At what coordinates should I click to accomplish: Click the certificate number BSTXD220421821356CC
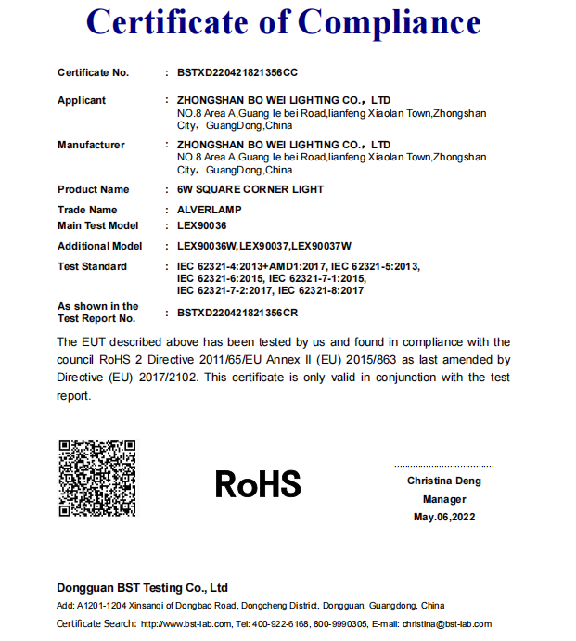tap(237, 72)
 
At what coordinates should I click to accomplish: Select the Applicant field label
tap(82, 100)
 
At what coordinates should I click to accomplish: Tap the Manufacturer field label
tap(91, 145)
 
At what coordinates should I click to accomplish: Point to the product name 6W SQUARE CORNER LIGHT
tap(250, 189)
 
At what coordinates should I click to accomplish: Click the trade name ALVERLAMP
tap(209, 210)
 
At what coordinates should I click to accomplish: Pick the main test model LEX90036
tap(202, 225)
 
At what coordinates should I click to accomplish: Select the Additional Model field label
tap(100, 246)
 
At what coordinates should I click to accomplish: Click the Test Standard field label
tap(92, 266)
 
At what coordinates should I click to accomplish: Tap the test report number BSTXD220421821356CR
tap(237, 313)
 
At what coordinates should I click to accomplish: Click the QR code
tap(97, 478)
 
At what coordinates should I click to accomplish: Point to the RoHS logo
tap(258, 483)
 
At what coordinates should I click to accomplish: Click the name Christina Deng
tap(444, 481)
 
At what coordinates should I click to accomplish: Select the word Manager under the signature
tap(444, 499)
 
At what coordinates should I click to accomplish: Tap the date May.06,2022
tap(444, 517)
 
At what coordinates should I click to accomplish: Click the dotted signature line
tap(444, 466)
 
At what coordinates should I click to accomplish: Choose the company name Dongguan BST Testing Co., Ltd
tap(142, 588)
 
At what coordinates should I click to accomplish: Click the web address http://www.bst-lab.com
tap(185, 624)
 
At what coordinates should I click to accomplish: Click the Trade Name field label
tap(87, 210)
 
